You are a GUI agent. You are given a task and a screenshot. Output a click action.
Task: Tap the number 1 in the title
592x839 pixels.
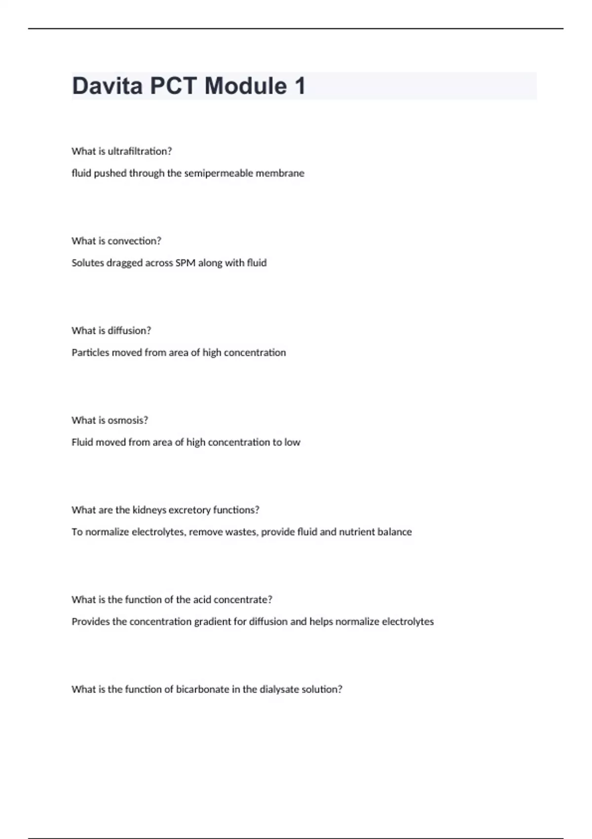coord(300,86)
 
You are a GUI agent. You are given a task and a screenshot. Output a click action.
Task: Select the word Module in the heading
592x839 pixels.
coord(246,86)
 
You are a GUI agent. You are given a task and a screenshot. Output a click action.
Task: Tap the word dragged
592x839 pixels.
coord(124,263)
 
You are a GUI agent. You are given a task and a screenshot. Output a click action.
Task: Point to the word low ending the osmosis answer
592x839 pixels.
coord(292,442)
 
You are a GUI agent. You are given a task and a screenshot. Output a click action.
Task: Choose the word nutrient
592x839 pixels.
coord(356,532)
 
